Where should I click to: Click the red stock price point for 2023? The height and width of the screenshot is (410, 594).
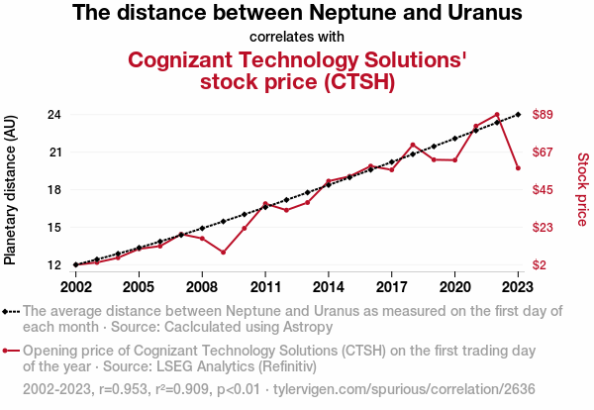[518, 168]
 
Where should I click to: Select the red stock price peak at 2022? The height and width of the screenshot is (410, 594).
[497, 115]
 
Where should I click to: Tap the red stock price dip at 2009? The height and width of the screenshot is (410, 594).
[223, 253]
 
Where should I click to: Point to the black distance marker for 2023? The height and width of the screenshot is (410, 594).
[518, 115]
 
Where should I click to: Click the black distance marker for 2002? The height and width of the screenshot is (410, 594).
[75, 264]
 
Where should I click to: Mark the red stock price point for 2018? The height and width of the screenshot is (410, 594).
[413, 145]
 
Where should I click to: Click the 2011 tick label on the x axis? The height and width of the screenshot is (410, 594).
[265, 287]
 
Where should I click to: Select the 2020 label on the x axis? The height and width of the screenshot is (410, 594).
[454, 287]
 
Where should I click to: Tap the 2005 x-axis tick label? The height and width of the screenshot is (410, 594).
[139, 287]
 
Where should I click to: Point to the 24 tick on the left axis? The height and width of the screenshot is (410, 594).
[55, 115]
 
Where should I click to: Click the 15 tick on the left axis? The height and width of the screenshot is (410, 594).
[55, 227]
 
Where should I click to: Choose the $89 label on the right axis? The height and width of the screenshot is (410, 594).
[543, 115]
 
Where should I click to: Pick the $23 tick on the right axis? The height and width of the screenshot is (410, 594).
[543, 227]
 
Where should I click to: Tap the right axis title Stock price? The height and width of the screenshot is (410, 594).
[582, 188]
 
